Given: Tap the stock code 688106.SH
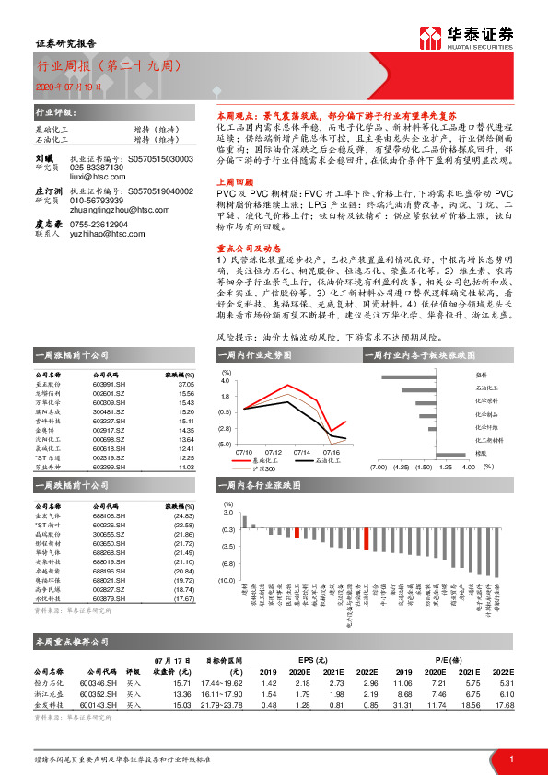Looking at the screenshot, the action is [108, 516].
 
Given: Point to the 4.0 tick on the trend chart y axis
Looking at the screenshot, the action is [226, 379].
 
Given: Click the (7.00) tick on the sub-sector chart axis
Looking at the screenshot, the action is [378, 467].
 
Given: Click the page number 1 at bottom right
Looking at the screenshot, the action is [510, 758].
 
